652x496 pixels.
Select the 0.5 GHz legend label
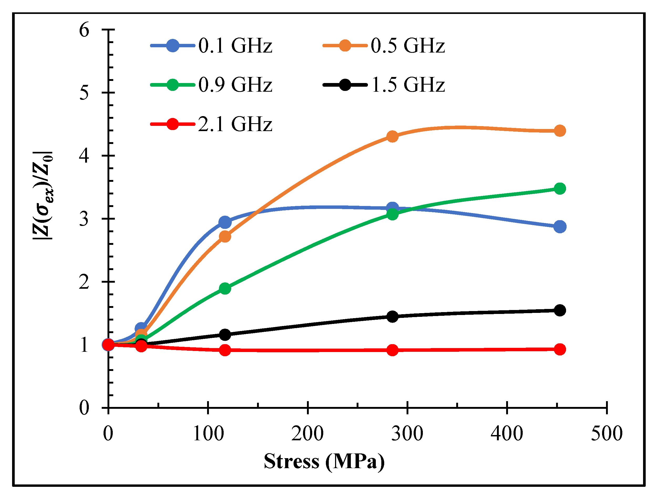coord(407,46)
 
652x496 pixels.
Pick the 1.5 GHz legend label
coord(408,85)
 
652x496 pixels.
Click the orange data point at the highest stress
coord(559,131)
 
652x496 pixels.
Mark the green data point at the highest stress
coord(559,188)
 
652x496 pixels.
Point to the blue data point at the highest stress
coord(559,227)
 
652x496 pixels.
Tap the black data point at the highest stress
coord(559,310)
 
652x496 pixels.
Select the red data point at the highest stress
coord(559,349)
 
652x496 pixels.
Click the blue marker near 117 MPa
coord(225,222)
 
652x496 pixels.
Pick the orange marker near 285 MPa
coord(392,136)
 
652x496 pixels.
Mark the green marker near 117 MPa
coord(225,288)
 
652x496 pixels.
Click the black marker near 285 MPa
coord(392,317)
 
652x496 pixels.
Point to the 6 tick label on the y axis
coord(84,30)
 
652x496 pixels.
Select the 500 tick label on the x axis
coord(607,433)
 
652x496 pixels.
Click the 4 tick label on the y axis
coord(84,156)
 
